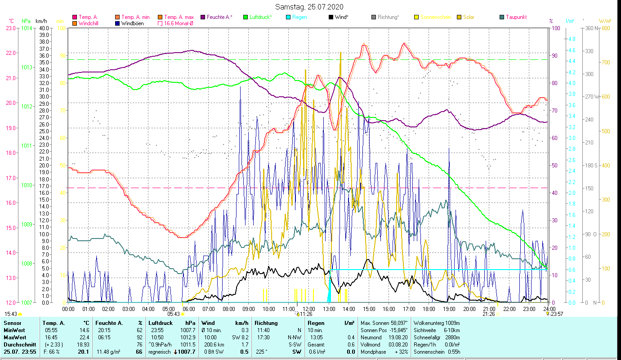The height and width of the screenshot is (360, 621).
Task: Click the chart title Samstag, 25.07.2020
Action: click(x=310, y=7)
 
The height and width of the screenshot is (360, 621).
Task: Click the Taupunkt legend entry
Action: click(x=516, y=17)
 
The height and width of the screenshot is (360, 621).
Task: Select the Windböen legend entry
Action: click(x=132, y=23)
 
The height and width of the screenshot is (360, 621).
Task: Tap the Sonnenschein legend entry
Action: click(x=435, y=17)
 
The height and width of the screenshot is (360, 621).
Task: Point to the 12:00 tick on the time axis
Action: click(x=309, y=309)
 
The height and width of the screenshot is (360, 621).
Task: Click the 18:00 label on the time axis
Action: click(x=429, y=309)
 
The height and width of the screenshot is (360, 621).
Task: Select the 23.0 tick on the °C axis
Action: click(x=10, y=28)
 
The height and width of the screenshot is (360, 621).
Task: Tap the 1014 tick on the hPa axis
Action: click(x=27, y=28)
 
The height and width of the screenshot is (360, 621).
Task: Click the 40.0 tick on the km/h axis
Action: click(x=44, y=28)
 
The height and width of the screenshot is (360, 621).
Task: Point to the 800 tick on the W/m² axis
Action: click(x=605, y=28)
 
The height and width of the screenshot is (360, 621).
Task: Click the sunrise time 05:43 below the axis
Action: click(x=174, y=314)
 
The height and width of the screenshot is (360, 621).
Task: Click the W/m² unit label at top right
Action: click(x=605, y=21)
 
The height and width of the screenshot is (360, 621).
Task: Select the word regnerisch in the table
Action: click(x=159, y=352)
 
